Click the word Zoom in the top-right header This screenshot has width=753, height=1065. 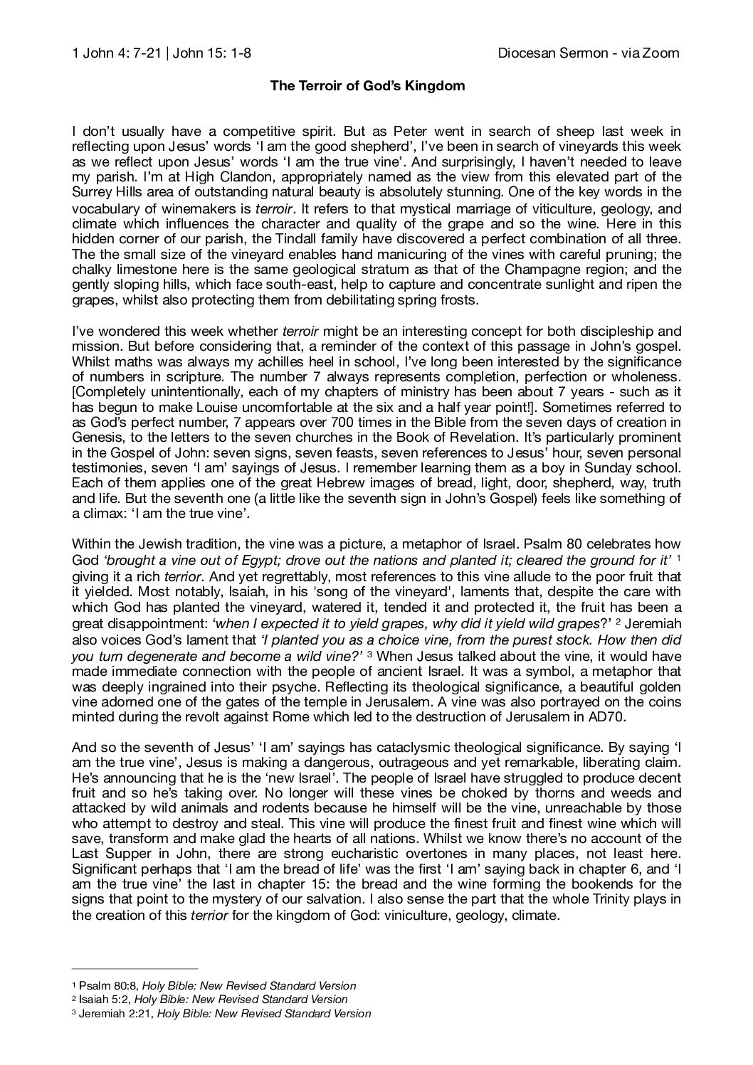pos(662,53)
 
